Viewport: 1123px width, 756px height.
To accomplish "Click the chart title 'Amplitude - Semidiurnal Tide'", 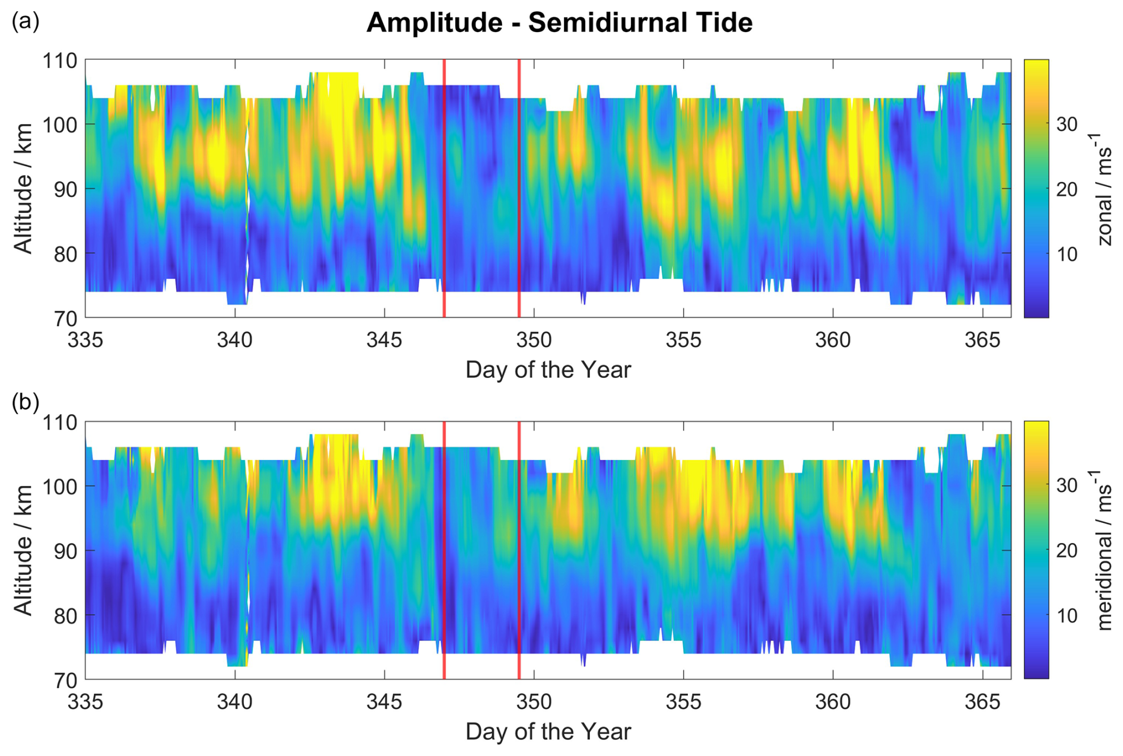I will tap(559, 23).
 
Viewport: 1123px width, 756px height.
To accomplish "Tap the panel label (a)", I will tap(25, 21).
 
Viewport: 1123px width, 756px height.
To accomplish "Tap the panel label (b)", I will tap(25, 402).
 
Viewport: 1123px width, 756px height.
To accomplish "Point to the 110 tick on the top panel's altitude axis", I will tap(60, 61).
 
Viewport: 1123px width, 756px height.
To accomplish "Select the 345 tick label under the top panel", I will tap(384, 341).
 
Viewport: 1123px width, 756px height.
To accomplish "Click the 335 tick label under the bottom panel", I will tap(85, 703).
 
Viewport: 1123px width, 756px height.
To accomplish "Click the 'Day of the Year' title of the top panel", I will tap(548, 370).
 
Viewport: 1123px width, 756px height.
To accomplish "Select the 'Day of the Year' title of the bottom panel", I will tap(548, 732).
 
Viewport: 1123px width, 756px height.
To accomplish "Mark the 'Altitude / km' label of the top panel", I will tap(24, 189).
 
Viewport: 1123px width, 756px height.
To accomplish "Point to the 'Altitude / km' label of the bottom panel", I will tap(24, 550).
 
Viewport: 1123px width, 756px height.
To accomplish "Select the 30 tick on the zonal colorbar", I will tap(1067, 125).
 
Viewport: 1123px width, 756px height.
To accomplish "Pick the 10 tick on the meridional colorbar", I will tap(1067, 616).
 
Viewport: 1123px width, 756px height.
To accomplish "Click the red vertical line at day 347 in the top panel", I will tap(444, 189).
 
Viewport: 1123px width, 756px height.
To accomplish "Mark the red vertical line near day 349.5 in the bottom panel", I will tap(519, 550).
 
